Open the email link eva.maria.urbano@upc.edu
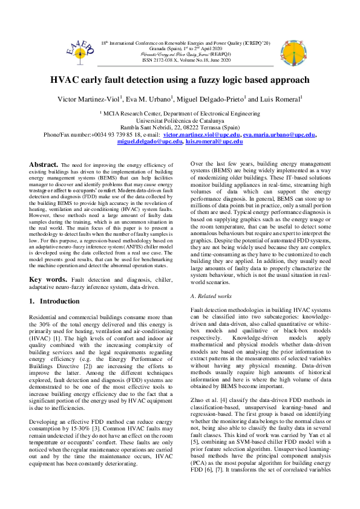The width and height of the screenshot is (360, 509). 270,135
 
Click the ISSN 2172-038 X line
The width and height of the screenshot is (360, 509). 180,61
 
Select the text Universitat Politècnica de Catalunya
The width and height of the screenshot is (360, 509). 180,120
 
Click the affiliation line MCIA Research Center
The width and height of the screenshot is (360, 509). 180,113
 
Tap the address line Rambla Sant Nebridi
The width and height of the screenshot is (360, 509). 180,128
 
